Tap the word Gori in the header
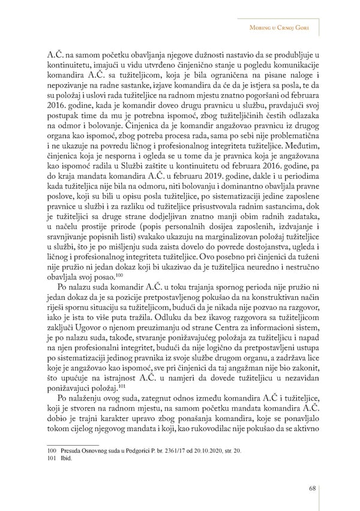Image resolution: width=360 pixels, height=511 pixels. pos(306,28)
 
